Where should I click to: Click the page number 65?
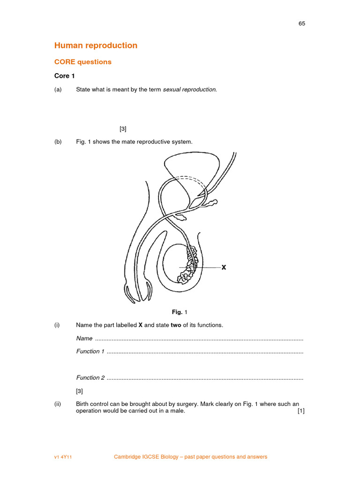point(301,24)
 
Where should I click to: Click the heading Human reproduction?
point(96,45)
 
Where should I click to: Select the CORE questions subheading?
point(83,62)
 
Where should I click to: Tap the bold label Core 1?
point(64,76)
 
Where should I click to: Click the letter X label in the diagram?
point(224,267)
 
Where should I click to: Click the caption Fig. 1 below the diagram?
point(179,312)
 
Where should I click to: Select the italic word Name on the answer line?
point(84,338)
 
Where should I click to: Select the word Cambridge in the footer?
point(128,457)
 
